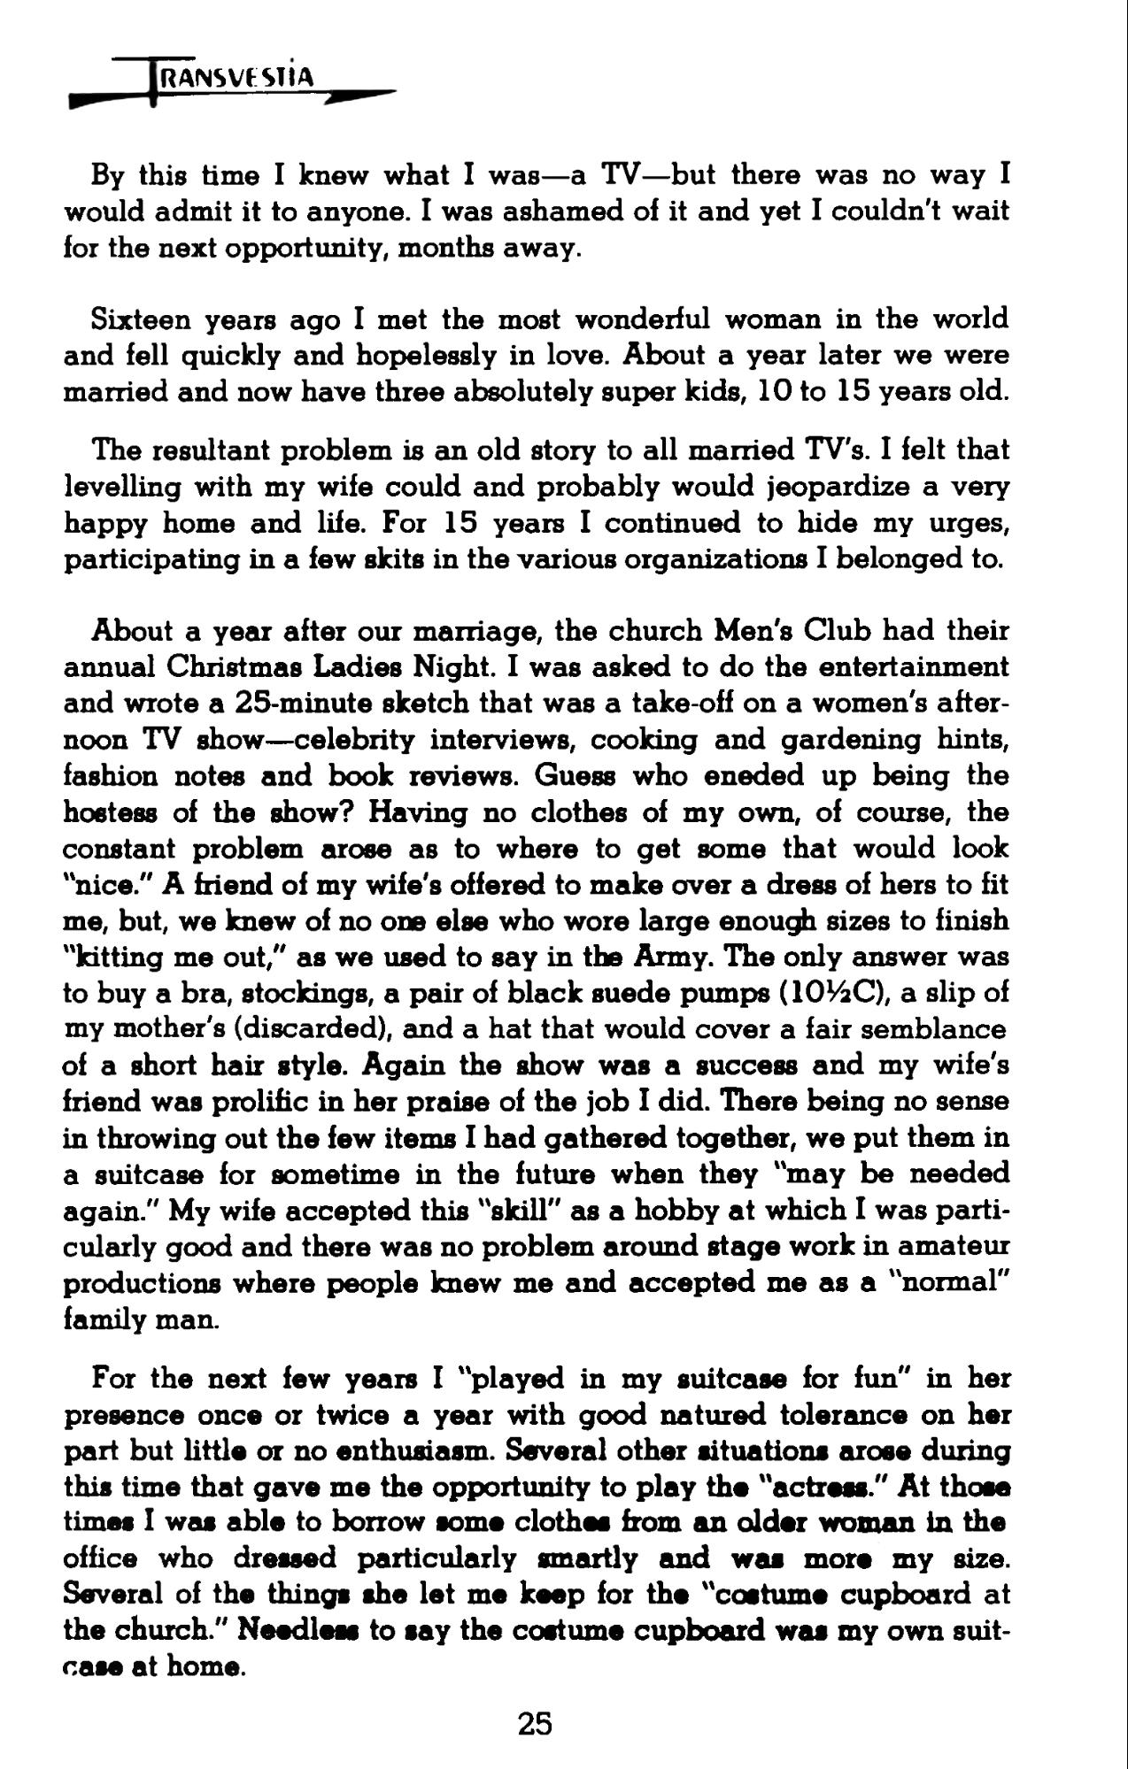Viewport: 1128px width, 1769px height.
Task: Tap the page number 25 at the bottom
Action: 535,1723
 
